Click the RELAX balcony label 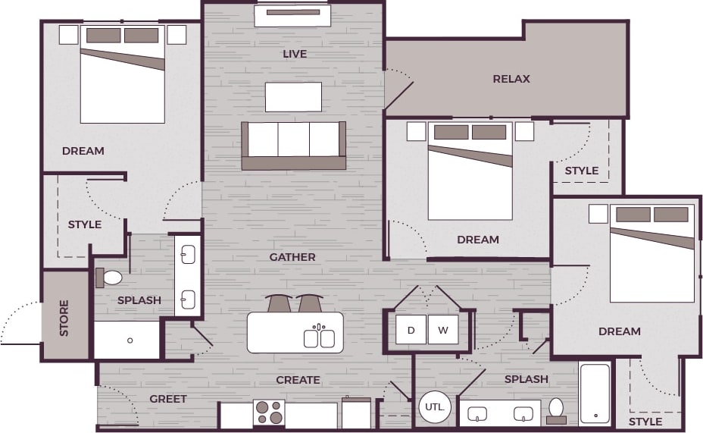[511, 79]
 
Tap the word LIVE [295, 54]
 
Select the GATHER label [292, 257]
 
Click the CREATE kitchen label [298, 380]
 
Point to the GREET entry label [168, 399]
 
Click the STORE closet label [64, 318]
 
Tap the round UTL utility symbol [434, 407]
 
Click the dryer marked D [411, 330]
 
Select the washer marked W [443, 330]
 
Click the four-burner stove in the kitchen [269, 413]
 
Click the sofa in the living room [294, 145]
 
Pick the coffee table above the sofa [293, 97]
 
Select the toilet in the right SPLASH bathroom [556, 409]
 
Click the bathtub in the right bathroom [595, 394]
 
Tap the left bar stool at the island [278, 303]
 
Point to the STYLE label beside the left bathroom [85, 224]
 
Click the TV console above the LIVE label [292, 14]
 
